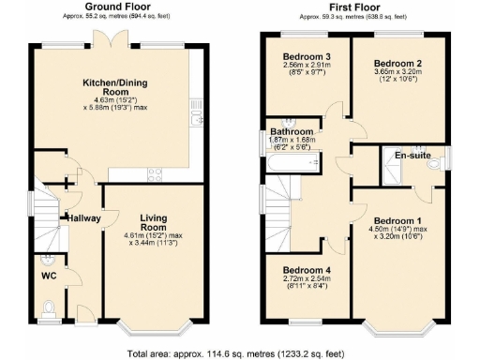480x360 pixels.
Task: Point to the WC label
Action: point(50,277)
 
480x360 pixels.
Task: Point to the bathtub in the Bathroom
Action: point(290,164)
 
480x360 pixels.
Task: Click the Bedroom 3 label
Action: point(306,57)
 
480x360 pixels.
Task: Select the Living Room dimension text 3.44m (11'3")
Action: point(154,242)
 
